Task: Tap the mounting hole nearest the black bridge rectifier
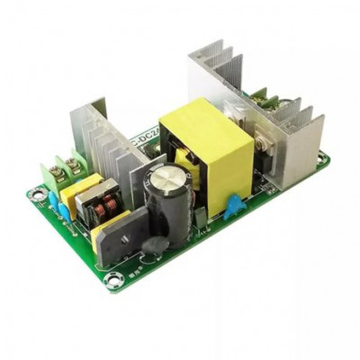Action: [113, 282]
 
